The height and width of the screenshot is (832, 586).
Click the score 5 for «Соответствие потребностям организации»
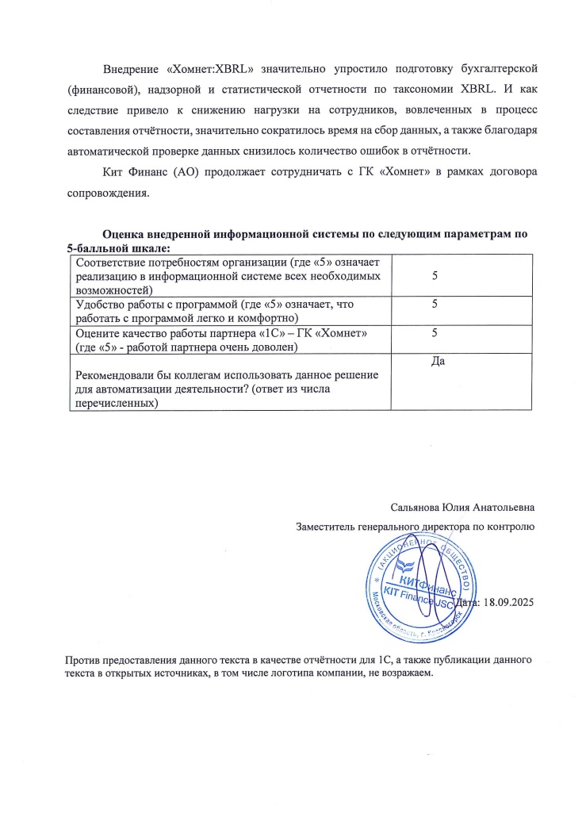[x=435, y=275]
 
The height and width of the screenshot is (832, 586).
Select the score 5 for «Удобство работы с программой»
[x=435, y=304]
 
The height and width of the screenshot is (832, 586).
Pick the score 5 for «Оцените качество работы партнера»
[x=435, y=333]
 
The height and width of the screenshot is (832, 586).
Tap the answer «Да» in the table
[x=435, y=361]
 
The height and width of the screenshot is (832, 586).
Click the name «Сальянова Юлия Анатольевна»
[x=462, y=507]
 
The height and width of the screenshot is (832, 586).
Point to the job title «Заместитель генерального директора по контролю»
[x=415, y=526]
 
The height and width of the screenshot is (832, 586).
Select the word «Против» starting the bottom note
[x=80, y=660]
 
